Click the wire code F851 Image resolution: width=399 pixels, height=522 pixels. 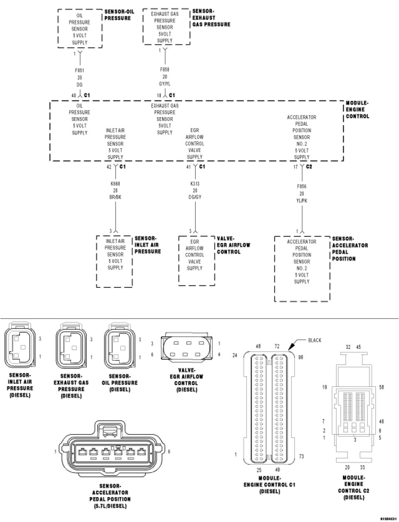[79, 71]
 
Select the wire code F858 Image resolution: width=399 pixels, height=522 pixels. [165, 70]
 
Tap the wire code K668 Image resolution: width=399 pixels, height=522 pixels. [115, 184]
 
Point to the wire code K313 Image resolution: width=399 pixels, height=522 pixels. [195, 184]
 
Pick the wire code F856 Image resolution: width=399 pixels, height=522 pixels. [302, 187]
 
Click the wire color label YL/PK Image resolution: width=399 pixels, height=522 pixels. [302, 200]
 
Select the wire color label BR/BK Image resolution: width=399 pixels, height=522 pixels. [115, 197]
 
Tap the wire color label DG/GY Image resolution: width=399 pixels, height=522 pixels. [195, 197]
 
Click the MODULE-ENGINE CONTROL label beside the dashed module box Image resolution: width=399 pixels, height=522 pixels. [357, 110]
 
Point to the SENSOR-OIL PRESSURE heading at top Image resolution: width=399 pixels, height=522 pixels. [119, 15]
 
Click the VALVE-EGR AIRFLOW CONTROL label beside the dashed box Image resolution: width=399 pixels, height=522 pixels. [234, 245]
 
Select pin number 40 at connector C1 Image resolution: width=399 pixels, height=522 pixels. [74, 96]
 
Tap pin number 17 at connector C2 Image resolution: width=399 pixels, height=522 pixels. [295, 167]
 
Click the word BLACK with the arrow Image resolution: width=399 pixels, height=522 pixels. [315, 341]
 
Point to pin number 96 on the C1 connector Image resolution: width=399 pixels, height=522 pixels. [300, 357]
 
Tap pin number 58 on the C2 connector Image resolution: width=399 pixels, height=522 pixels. [382, 387]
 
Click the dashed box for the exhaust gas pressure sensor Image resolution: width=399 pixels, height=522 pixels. [166, 27]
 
